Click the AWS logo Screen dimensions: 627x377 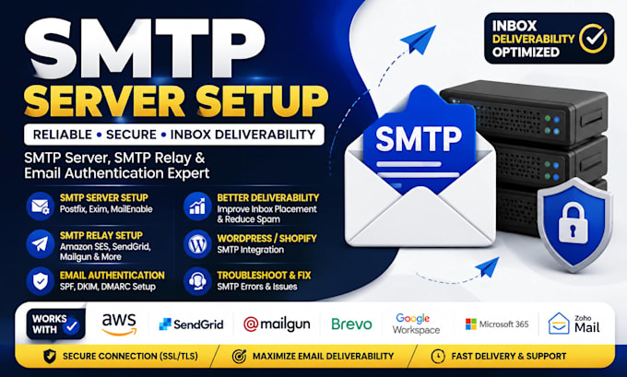119,324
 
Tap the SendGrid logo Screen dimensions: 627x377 191,324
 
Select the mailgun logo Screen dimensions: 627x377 277,324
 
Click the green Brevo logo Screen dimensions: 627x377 352,324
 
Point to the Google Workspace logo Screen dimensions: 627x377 416,324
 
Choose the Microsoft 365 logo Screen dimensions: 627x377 497,324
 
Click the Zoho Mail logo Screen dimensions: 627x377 574,324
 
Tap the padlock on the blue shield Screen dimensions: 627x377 574,223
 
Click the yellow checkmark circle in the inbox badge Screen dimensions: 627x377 593,39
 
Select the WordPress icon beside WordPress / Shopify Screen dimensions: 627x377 197,243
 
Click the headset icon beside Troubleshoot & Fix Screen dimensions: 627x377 197,281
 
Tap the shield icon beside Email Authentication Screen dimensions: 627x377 41,281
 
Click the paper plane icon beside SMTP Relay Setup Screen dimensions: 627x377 41,243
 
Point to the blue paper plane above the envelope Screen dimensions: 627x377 419,40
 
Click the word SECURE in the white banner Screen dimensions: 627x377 131,135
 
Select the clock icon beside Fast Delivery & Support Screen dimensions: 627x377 438,356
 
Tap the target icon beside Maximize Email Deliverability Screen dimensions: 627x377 239,356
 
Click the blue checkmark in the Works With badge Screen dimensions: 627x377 72,326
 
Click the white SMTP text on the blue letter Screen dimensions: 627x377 419,139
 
